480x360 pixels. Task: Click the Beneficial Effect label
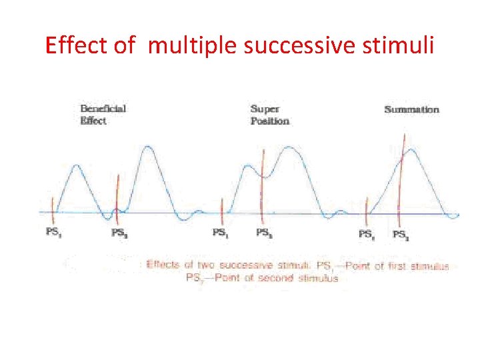103,115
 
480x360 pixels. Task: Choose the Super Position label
269,115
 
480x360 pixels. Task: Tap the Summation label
411,109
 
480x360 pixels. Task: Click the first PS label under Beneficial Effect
55,233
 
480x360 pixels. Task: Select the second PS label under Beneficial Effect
119,233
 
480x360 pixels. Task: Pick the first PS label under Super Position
221,233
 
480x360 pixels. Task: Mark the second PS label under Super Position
264,233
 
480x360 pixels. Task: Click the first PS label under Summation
366,233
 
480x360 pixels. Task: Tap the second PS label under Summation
401,234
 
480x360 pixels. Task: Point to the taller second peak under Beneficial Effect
149,148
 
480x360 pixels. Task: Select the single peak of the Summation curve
413,151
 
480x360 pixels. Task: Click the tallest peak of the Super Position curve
289,149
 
